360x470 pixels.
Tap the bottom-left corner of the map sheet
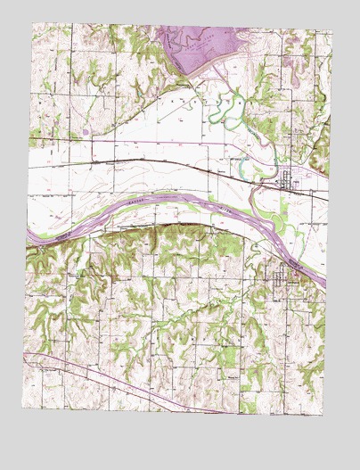tap(25, 416)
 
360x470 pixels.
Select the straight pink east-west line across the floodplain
tap(134, 141)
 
